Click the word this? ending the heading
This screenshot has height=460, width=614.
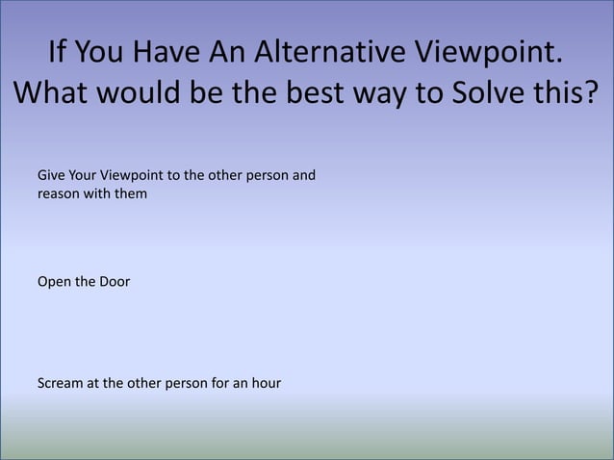coord(569,97)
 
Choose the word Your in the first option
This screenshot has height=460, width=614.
coord(86,177)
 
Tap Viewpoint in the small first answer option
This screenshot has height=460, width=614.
coord(140,177)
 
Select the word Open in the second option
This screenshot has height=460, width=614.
coord(53,283)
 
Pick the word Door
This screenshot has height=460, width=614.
coord(115,283)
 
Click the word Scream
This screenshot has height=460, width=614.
coord(59,384)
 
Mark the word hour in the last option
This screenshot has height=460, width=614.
coord(264,384)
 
